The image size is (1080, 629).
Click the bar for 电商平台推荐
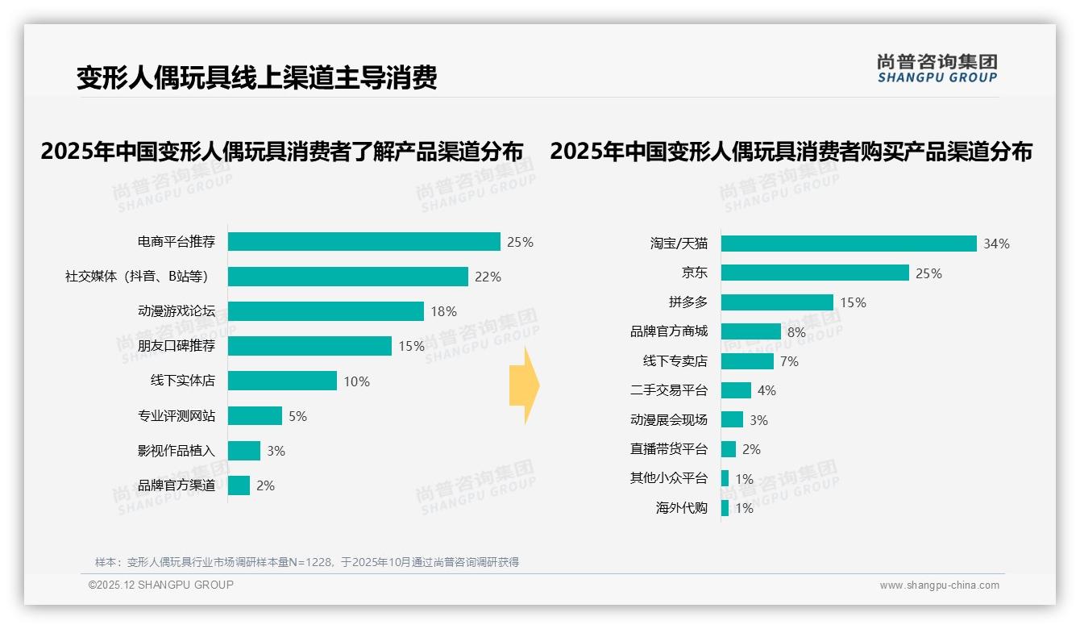click(x=363, y=242)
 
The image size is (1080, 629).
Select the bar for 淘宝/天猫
click(x=849, y=244)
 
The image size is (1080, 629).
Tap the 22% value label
click(x=488, y=277)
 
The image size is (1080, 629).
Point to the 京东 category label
click(x=694, y=273)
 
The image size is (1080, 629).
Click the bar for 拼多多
click(x=777, y=302)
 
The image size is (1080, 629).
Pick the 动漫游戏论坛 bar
click(x=326, y=311)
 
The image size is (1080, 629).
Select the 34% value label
click(x=996, y=244)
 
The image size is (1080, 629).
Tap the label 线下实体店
click(x=182, y=381)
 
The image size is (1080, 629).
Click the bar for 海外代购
click(x=725, y=508)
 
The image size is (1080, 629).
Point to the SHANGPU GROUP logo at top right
click(x=937, y=69)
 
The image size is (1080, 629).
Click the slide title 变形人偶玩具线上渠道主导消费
click(x=256, y=78)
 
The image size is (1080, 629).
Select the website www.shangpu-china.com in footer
click(x=939, y=585)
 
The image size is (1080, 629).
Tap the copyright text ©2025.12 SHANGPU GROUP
click(x=161, y=585)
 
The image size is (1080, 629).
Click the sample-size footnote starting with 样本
click(x=307, y=562)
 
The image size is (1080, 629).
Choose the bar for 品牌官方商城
click(x=750, y=331)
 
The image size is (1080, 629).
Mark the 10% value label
click(x=356, y=381)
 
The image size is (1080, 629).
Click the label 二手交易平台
click(x=668, y=390)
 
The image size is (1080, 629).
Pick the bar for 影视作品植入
click(x=243, y=451)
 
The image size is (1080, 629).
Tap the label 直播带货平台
click(x=668, y=449)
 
